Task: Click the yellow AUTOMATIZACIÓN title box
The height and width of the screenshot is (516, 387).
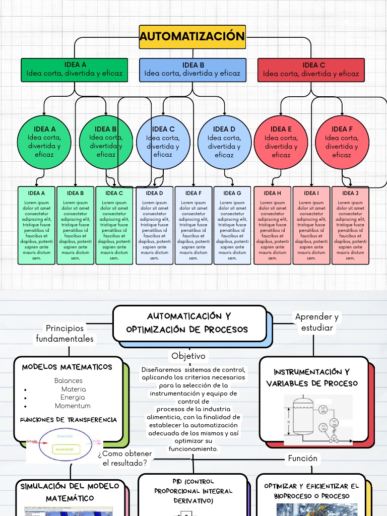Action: [192, 37]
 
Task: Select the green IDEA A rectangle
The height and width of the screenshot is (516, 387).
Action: [75, 70]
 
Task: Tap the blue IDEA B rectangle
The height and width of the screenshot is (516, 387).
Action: [192, 70]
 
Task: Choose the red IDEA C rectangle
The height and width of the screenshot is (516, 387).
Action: [310, 70]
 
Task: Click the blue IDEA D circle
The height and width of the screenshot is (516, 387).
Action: [224, 142]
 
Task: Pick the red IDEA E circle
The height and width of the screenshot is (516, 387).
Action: [281, 142]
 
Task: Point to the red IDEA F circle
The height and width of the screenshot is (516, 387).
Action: [341, 142]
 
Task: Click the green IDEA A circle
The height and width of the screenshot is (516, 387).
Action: [44, 142]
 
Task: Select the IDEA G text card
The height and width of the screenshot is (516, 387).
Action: [232, 225]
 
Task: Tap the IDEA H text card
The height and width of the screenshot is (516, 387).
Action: [272, 225]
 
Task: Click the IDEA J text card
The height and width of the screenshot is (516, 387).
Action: [350, 225]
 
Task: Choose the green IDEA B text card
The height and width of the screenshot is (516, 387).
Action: [75, 225]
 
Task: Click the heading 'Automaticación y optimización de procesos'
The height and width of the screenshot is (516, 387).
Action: [189, 323]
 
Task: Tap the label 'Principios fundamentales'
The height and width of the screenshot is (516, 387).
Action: [64, 334]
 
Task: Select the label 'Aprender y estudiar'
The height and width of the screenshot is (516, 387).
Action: [317, 322]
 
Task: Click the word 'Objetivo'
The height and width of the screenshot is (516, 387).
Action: [188, 356]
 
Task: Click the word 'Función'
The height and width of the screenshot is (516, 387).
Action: [302, 458]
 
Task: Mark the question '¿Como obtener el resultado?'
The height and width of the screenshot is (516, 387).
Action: [124, 459]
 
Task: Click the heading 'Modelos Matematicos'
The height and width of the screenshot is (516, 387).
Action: [67, 367]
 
